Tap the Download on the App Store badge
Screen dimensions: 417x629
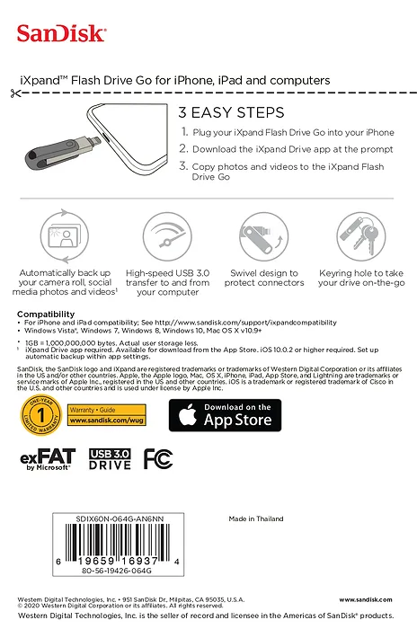click(x=225, y=415)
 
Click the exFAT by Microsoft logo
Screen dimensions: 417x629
click(x=45, y=461)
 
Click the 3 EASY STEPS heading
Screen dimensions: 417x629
click(x=232, y=113)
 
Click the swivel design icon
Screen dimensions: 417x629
click(x=266, y=235)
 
